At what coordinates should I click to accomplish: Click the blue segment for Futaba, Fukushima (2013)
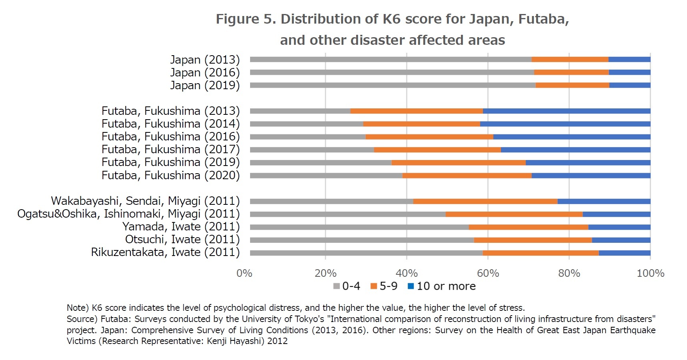pos(566,111)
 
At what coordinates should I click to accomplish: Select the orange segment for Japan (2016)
pos(571,72)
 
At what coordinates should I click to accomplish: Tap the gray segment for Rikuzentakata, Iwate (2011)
pos(366,253)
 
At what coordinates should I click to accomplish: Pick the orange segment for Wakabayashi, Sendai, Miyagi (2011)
pos(485,201)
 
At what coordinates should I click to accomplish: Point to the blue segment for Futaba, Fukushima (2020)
pos(591,176)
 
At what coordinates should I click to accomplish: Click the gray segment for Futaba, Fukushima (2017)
pos(312,150)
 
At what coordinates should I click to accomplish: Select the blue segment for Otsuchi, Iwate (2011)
pos(621,240)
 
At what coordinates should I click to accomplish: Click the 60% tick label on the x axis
pos(488,274)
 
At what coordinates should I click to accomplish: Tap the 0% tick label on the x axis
pos(244,274)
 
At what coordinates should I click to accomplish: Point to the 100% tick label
pos(650,274)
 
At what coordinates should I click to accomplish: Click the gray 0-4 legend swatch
pos(336,286)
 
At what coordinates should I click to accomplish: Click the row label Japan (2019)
pos(205,85)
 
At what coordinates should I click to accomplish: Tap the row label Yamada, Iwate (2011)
pos(181,227)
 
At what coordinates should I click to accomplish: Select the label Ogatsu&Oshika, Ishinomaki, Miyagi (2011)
pos(128,214)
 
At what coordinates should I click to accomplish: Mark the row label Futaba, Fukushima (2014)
pos(170,124)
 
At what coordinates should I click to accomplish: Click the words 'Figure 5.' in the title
pos(246,19)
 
